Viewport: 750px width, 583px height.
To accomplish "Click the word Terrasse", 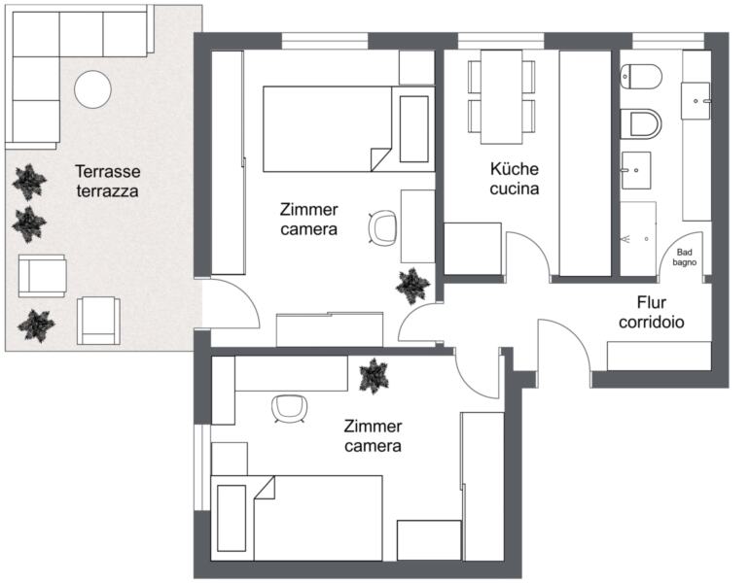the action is coord(108,171).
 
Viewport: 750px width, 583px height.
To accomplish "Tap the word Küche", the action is coord(515,169).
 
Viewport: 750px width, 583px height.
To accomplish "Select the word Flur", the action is coord(652,302).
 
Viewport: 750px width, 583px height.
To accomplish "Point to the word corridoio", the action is coord(652,322).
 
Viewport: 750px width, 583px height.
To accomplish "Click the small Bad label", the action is coord(685,252).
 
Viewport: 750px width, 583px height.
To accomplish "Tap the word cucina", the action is coord(515,189).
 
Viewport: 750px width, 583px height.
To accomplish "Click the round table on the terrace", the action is coord(92,88).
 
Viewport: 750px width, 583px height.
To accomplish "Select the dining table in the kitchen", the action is coord(501,96).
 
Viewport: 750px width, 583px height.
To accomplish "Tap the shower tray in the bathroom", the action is coord(638,238).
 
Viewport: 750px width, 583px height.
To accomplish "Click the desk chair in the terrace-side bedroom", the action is coord(382,228).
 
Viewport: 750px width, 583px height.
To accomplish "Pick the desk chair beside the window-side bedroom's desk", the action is coord(290,409).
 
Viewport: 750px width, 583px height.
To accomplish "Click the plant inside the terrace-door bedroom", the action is coord(412,286).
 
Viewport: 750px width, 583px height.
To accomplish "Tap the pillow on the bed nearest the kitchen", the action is coord(413,129).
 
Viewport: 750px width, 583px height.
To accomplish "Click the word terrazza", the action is coord(108,191).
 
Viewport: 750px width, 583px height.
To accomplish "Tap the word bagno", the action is coord(685,262).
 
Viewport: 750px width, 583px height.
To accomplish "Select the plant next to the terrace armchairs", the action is coord(36,326).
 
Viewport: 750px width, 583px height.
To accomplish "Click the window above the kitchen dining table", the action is coord(501,41).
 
